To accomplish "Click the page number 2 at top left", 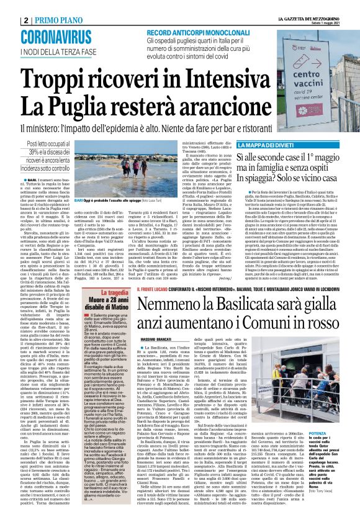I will coord(7,7).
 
